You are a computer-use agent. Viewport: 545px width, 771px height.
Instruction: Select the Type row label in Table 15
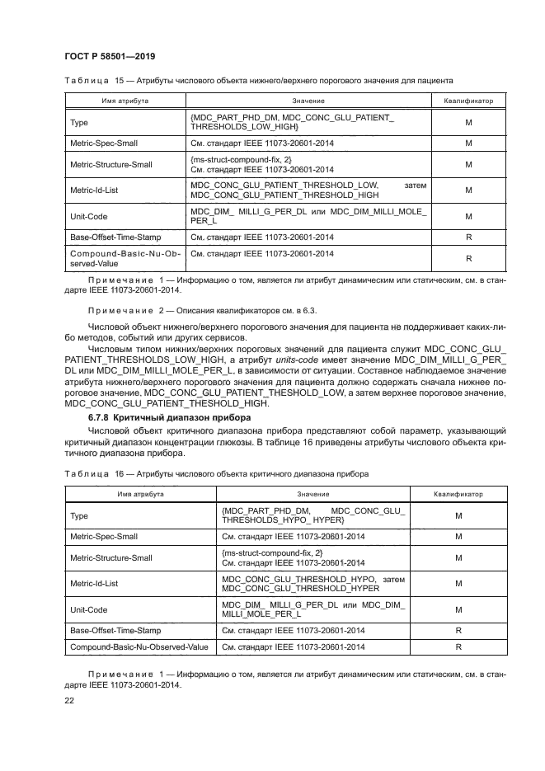pos(79,122)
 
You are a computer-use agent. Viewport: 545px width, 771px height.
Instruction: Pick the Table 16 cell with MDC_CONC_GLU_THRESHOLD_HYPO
pos(312,584)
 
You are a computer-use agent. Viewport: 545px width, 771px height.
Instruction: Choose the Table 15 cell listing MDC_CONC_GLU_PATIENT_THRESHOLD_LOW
pos(308,190)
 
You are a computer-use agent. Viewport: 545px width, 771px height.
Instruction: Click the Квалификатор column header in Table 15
pos(468,100)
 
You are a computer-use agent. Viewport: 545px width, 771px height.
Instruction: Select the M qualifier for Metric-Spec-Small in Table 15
pos(468,143)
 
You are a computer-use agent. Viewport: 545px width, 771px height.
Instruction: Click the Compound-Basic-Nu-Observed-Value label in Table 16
pos(139,648)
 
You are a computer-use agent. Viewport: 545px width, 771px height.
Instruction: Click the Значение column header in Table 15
pos(308,100)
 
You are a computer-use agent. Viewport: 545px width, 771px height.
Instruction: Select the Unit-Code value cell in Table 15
pos(308,217)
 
